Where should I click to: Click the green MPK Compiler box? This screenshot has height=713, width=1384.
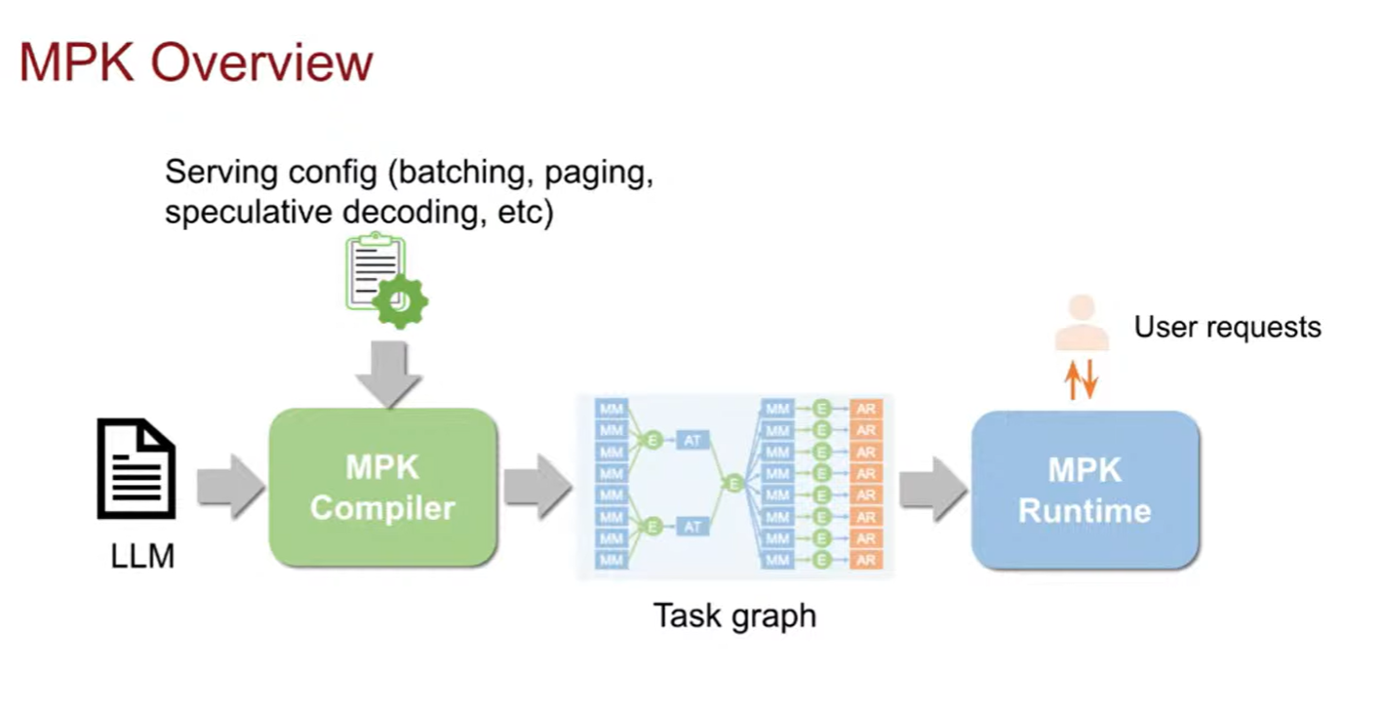pyautogui.click(x=382, y=487)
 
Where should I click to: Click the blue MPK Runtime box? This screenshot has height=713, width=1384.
pyautogui.click(x=1085, y=490)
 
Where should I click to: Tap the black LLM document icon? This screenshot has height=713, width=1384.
pyautogui.click(x=137, y=469)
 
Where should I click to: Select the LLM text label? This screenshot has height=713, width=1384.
pyautogui.click(x=142, y=557)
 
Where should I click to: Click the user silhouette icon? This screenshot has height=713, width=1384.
pyautogui.click(x=1082, y=326)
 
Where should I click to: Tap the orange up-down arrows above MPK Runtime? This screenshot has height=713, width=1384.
pyautogui.click(x=1082, y=378)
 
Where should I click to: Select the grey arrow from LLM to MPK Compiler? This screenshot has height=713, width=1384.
pyautogui.click(x=230, y=486)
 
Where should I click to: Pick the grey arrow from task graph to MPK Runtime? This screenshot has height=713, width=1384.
pyautogui.click(x=931, y=484)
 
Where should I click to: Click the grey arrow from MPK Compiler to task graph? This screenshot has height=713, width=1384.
pyautogui.click(x=536, y=486)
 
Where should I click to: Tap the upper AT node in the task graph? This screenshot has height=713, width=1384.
pyautogui.click(x=692, y=441)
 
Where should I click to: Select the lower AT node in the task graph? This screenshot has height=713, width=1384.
pyautogui.click(x=692, y=527)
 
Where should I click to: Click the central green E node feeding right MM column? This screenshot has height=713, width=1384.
pyautogui.click(x=734, y=484)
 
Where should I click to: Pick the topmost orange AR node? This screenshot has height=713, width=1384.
pyautogui.click(x=865, y=408)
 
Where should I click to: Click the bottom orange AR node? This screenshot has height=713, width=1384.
pyautogui.click(x=865, y=560)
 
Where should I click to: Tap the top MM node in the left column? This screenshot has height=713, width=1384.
pyautogui.click(x=612, y=408)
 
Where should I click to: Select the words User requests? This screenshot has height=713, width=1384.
pyautogui.click(x=1227, y=327)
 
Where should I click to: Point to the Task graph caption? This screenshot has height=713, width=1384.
pyautogui.click(x=733, y=615)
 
